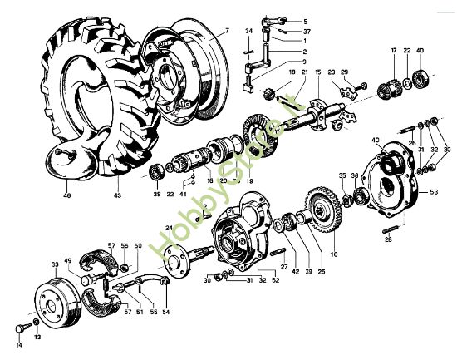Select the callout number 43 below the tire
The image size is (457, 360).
tap(117, 196)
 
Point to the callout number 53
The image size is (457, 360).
tap(433, 192)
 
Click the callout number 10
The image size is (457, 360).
tap(335, 254)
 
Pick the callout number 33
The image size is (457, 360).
tap(55, 264)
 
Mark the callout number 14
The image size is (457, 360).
tap(19, 344)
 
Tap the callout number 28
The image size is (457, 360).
tap(388, 239)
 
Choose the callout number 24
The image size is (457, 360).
tap(168, 227)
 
